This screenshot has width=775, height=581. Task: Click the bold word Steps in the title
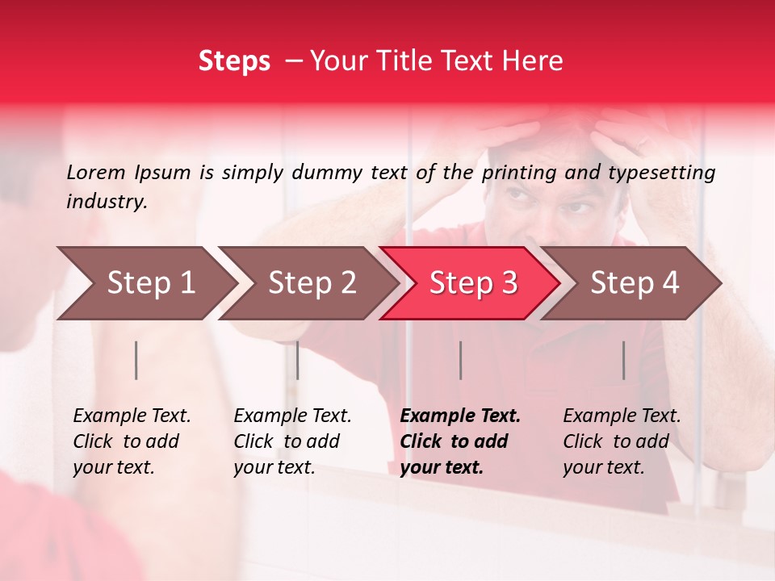tap(234, 61)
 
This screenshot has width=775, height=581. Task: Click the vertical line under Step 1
tap(136, 360)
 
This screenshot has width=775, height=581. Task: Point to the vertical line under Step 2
tap(298, 360)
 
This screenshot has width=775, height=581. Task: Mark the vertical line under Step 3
tap(460, 360)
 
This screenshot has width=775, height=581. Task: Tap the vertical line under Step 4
tap(623, 360)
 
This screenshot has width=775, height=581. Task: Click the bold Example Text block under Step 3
tap(460, 441)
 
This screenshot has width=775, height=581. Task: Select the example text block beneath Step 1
tap(132, 441)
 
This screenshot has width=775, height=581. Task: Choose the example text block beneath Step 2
tap(292, 441)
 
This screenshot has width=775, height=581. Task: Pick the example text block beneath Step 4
tap(622, 441)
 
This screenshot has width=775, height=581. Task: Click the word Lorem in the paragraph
tap(95, 172)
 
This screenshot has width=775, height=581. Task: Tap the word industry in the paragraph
tap(106, 202)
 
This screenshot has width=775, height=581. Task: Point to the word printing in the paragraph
tap(519, 172)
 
